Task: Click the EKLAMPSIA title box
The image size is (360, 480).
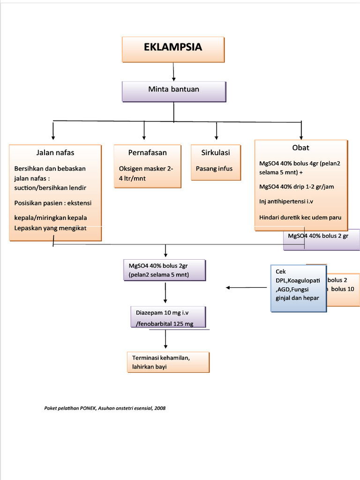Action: point(173,49)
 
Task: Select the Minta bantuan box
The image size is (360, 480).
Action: point(173,91)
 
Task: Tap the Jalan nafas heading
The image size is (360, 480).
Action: point(55,152)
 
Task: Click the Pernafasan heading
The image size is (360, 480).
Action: point(147,152)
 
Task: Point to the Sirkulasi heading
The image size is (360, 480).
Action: point(216,152)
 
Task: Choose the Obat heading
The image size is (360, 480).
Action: point(300,148)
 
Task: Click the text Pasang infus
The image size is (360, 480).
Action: point(214,169)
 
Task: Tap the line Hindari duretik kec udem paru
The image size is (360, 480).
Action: point(300,217)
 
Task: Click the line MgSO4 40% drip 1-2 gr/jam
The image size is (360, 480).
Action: point(297,187)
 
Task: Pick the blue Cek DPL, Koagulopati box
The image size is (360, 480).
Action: point(298,288)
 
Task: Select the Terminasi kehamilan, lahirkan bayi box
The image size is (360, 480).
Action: point(167,362)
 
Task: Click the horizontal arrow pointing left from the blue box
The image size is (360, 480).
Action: point(247,288)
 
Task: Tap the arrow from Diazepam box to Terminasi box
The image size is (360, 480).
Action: point(165,339)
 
